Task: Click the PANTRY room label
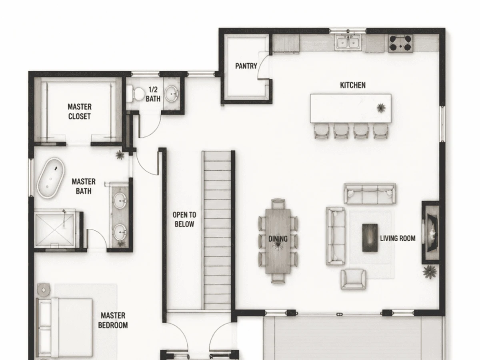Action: [246, 66]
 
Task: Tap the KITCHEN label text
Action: [353, 85]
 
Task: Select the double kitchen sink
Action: [348, 42]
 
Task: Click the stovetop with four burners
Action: [400, 43]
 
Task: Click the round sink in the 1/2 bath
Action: [171, 94]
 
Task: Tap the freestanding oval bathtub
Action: [51, 178]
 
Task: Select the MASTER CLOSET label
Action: [80, 112]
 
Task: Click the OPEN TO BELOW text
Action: [184, 220]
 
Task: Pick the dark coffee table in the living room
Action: [370, 238]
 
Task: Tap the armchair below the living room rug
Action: [353, 279]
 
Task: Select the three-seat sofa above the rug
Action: [370, 194]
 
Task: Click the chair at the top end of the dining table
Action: [278, 204]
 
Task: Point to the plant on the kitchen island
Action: [381, 108]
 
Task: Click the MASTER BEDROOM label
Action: [113, 320]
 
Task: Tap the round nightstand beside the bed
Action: [44, 290]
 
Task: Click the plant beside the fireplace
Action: [430, 272]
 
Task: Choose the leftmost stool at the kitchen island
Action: [322, 131]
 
